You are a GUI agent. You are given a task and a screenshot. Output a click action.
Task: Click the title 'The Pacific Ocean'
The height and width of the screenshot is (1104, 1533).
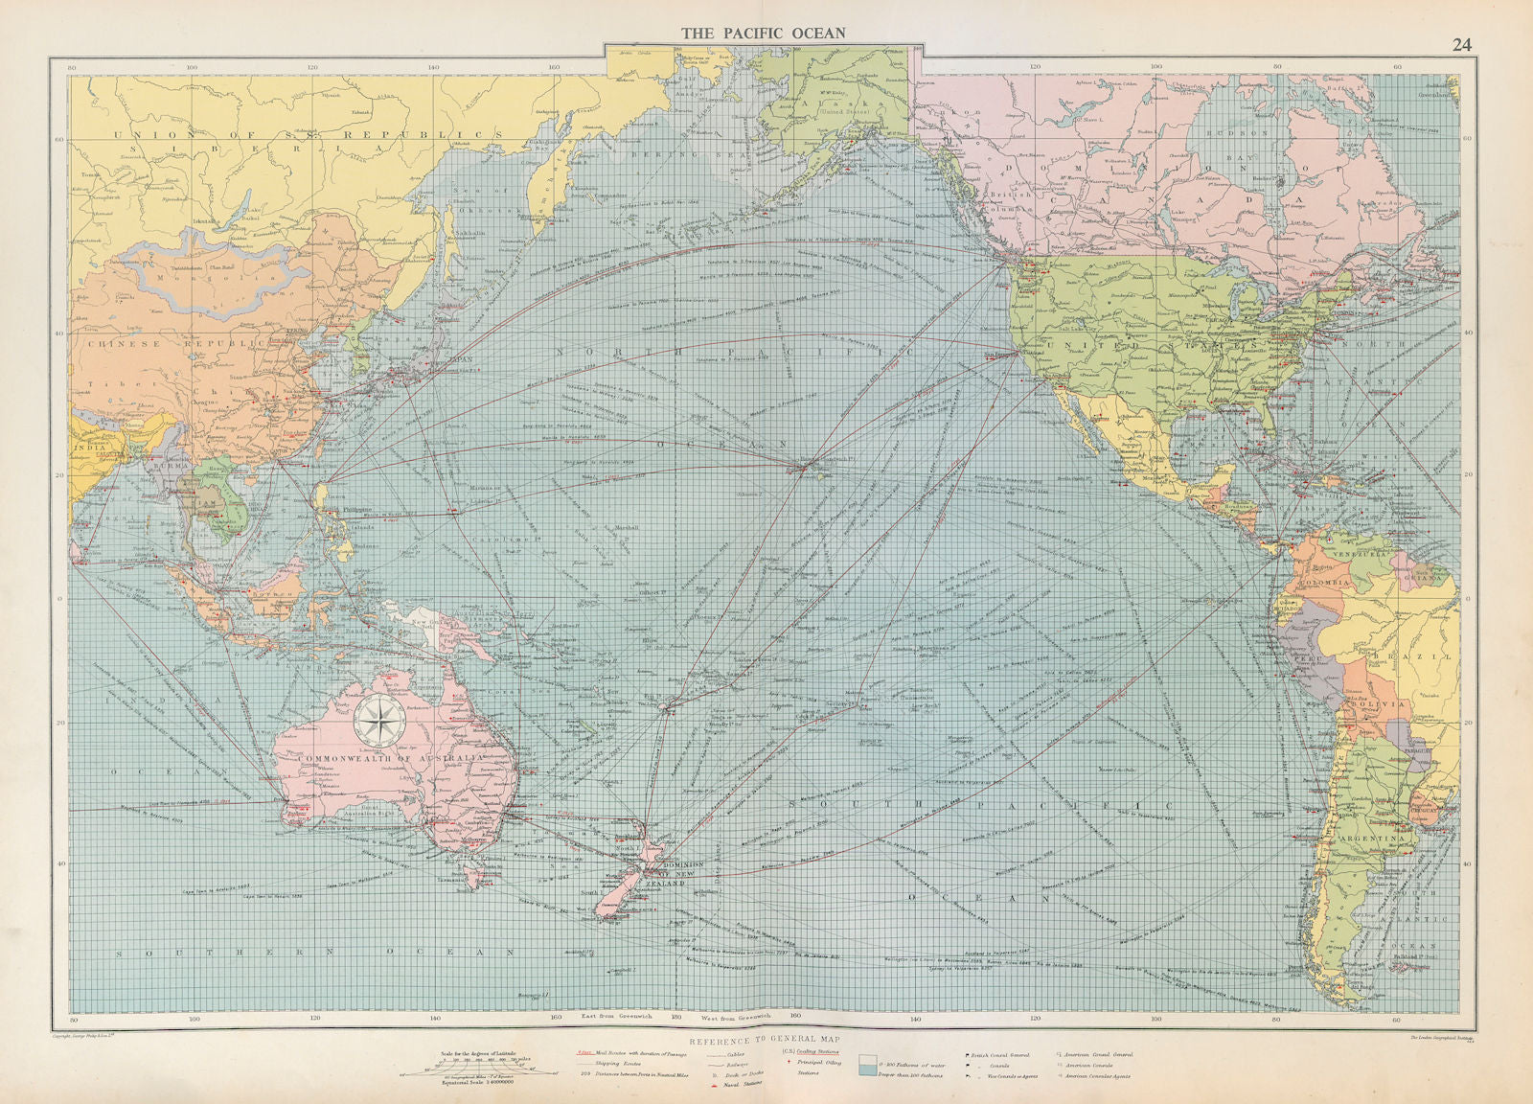763,32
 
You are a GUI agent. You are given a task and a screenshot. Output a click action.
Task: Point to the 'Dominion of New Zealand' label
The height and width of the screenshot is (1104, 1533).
676,872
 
